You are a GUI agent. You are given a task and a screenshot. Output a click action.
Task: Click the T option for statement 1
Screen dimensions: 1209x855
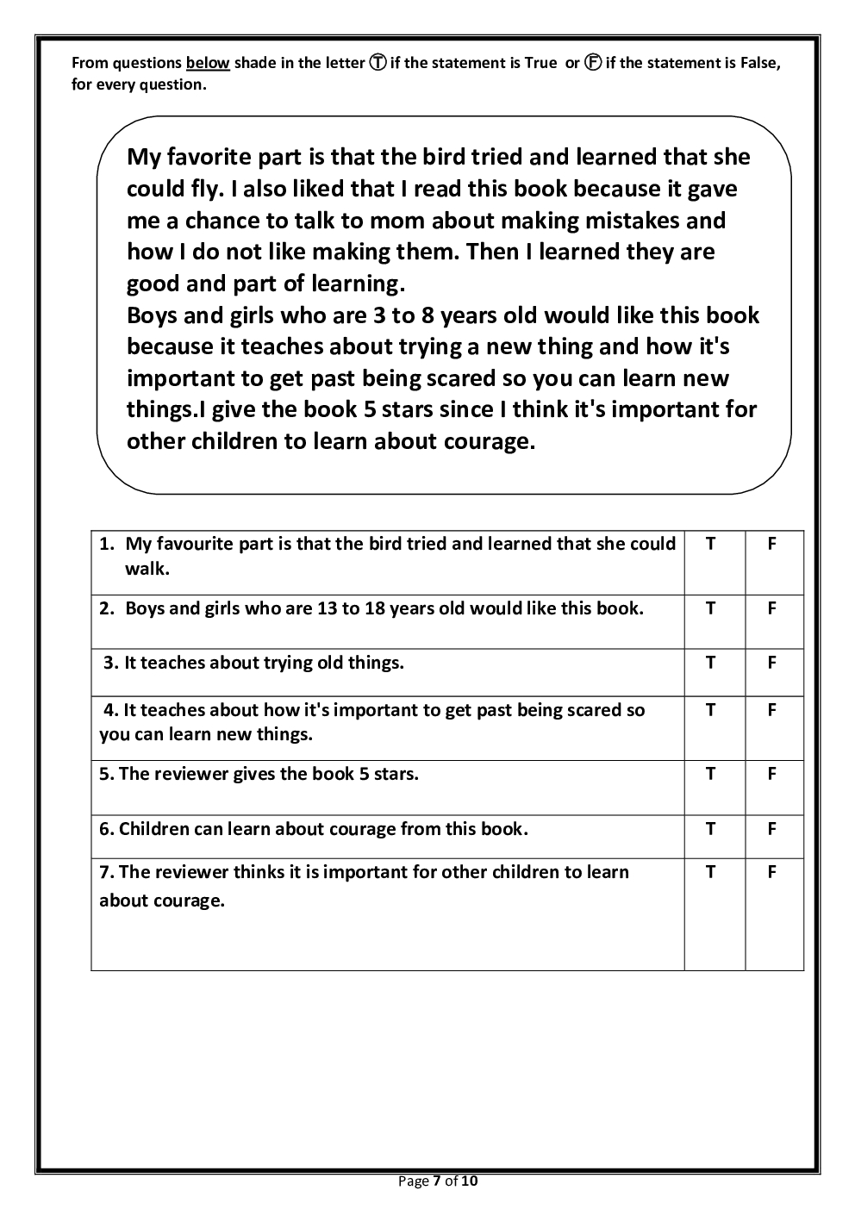[710, 544]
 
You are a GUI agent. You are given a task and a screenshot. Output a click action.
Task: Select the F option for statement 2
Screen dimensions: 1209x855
[772, 608]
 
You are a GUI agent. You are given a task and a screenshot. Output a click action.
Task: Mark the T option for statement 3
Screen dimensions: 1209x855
[710, 663]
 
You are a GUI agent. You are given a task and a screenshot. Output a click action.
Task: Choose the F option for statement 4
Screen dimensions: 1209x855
[772, 710]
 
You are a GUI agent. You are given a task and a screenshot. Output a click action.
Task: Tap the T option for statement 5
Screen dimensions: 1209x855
[710, 774]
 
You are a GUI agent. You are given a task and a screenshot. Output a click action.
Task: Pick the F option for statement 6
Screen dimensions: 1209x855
[772, 829]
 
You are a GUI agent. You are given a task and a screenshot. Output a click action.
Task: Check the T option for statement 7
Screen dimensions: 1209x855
[710, 872]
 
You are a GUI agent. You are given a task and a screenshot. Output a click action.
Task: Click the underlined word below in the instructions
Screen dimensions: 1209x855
[208, 63]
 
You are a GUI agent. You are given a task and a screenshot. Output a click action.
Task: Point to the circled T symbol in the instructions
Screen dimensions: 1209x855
[378, 63]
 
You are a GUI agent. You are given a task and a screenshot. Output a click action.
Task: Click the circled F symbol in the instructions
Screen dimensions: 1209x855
[593, 63]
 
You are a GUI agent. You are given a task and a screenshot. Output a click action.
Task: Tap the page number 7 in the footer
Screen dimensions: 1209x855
[437, 1181]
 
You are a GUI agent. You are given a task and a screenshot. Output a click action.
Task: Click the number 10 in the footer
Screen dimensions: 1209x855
[469, 1181]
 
